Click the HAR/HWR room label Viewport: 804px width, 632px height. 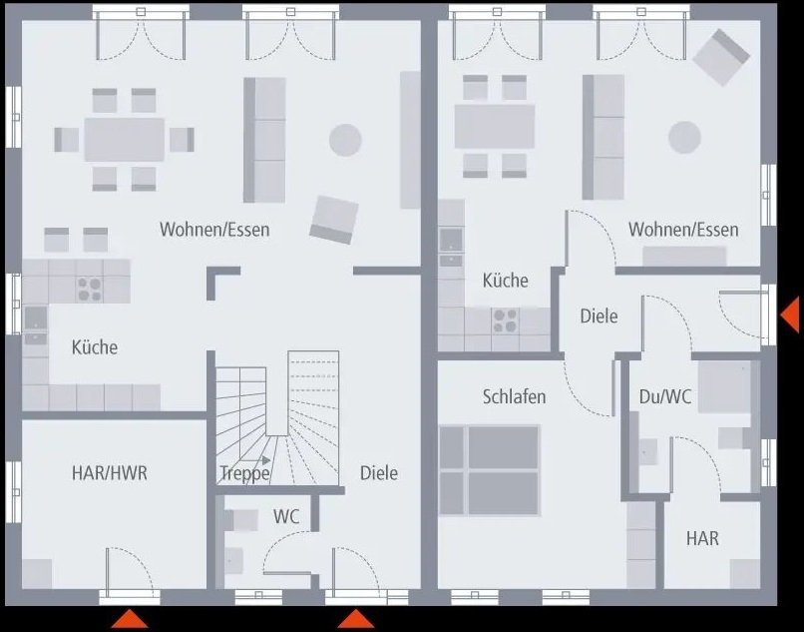point(109,472)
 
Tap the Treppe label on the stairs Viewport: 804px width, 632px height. point(244,473)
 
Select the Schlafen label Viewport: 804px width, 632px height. point(514,396)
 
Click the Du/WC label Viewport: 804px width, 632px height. point(665,396)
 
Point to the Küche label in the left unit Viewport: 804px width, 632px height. point(94,347)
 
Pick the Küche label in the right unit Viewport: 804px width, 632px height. point(505,281)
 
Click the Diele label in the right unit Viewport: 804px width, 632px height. point(599,316)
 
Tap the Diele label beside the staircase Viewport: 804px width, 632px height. point(378,472)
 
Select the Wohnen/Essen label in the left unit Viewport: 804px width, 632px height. point(214,230)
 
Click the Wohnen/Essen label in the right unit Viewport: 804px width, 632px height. point(683,230)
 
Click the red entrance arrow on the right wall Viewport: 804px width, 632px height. point(789,315)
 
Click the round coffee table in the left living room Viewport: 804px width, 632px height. point(345,138)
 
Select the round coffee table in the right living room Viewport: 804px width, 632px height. point(685,137)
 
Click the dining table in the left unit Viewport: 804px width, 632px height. point(125,140)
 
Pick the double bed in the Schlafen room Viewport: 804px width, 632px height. point(489,470)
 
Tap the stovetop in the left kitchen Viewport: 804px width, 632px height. point(90,289)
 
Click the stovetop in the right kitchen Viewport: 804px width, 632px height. point(505,320)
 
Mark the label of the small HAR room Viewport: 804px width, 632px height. point(701,538)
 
